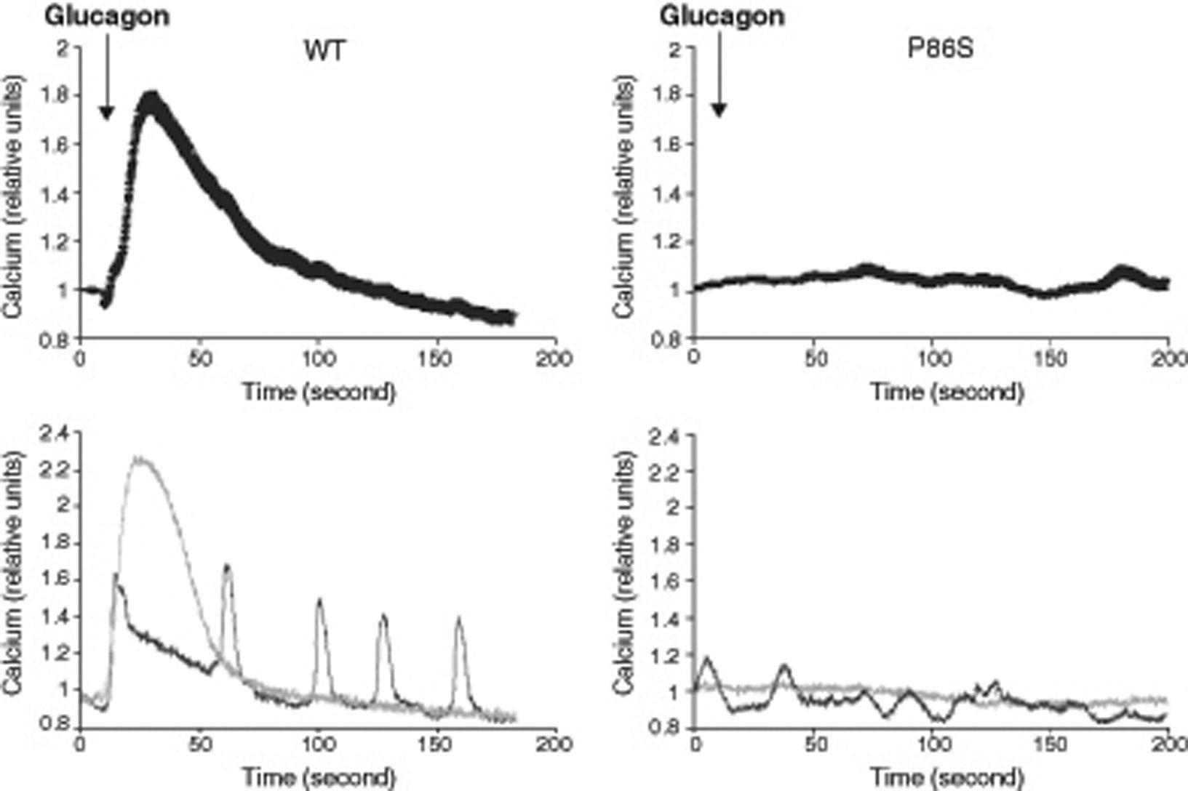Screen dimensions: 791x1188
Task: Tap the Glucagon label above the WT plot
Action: pos(108,16)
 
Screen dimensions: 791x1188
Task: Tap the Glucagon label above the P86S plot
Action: pos(722,16)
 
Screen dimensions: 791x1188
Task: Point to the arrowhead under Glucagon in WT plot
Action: pos(107,112)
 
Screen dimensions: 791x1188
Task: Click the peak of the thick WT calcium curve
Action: pos(151,98)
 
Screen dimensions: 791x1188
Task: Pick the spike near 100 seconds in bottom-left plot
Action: pos(319,601)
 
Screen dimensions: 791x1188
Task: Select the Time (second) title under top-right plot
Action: pos(947,393)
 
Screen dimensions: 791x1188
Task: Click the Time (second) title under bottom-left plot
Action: pos(319,776)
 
